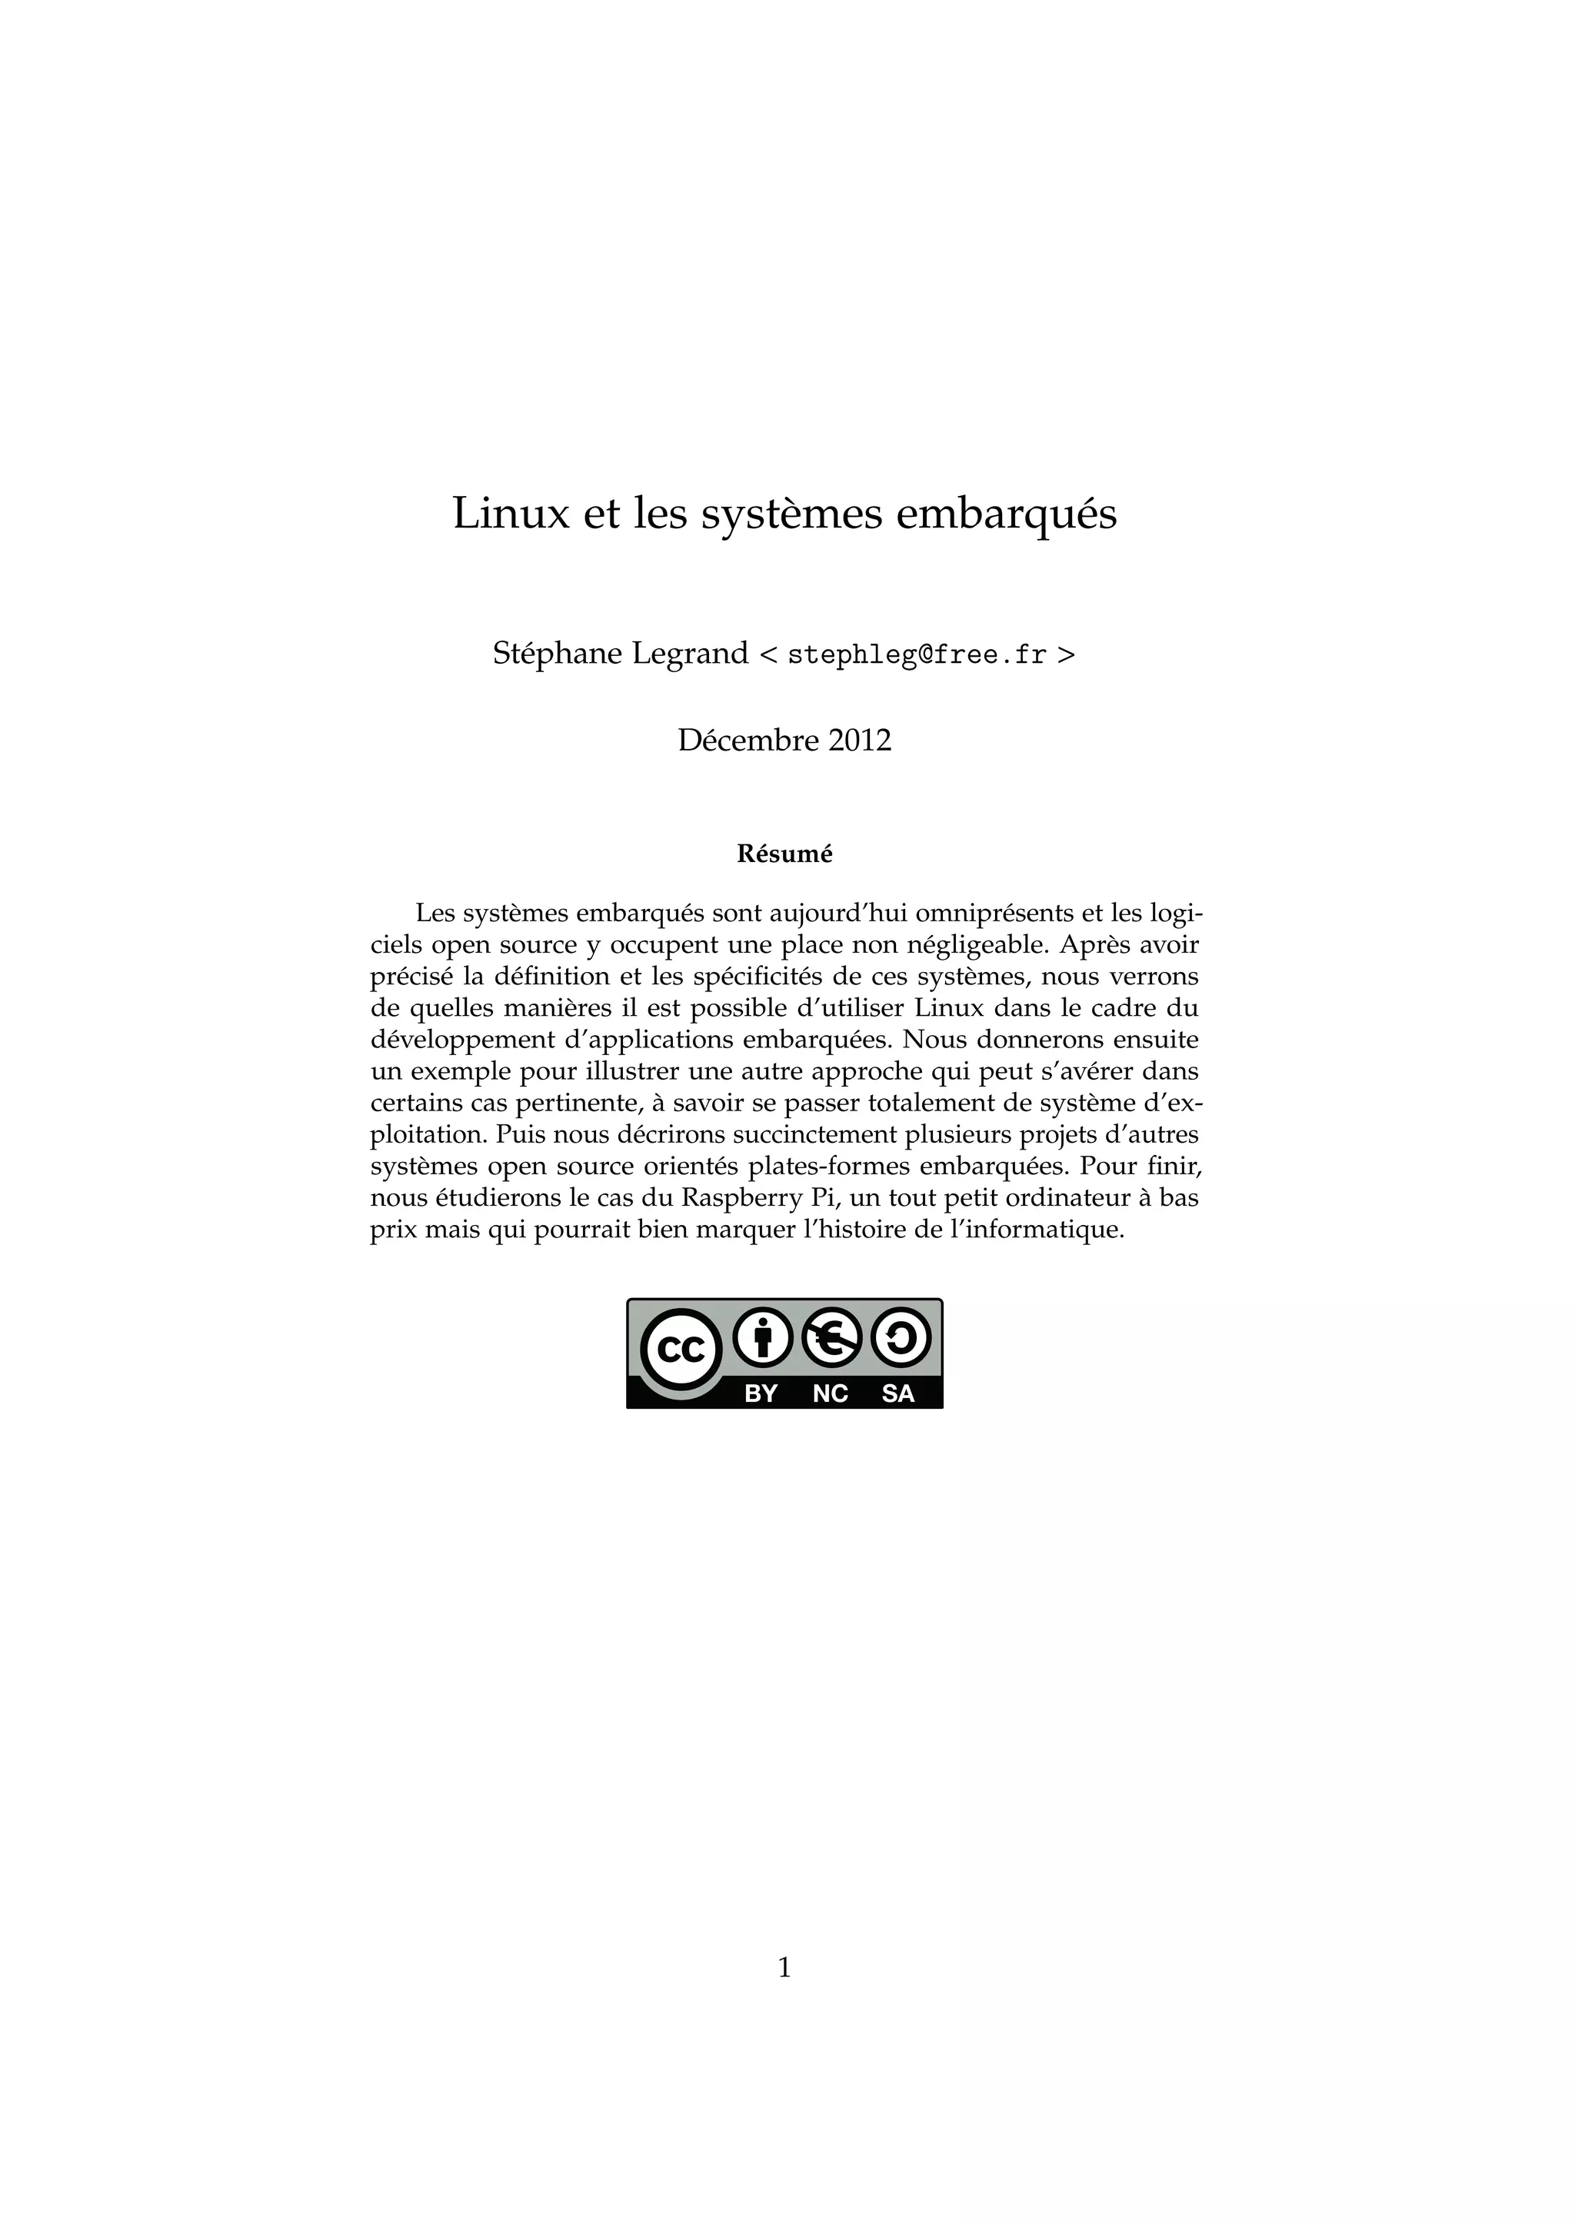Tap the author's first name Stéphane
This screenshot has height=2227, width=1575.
coord(557,654)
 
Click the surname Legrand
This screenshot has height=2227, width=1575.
coord(690,654)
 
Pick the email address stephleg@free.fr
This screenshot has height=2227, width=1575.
coord(917,656)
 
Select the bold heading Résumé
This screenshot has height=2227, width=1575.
coord(784,854)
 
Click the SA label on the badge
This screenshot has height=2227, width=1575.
coord(898,1394)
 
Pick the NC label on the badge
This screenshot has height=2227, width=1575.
coord(830,1394)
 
